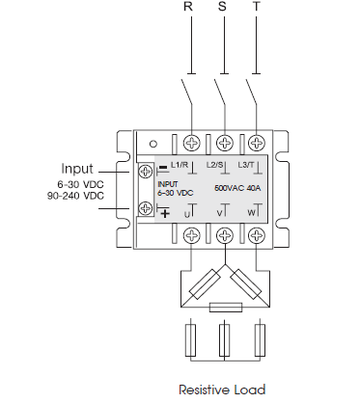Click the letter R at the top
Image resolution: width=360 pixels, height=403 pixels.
tap(189, 8)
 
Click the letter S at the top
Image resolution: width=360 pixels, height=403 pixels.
tap(223, 8)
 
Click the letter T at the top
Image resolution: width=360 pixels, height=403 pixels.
tap(256, 8)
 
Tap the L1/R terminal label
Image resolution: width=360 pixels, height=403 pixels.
tap(179, 166)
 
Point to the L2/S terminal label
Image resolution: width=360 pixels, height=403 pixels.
tap(217, 167)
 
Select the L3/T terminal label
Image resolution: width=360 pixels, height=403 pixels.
tap(247, 167)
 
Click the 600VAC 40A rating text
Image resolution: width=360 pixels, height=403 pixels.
tap(236, 189)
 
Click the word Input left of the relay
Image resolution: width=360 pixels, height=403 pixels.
tap(77, 167)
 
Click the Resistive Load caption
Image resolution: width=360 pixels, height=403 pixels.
tap(222, 390)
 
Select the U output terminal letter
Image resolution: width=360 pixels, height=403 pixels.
tap(188, 212)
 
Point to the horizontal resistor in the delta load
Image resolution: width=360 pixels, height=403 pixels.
tap(225, 307)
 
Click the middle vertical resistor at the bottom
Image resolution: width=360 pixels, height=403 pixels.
tap(225, 339)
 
